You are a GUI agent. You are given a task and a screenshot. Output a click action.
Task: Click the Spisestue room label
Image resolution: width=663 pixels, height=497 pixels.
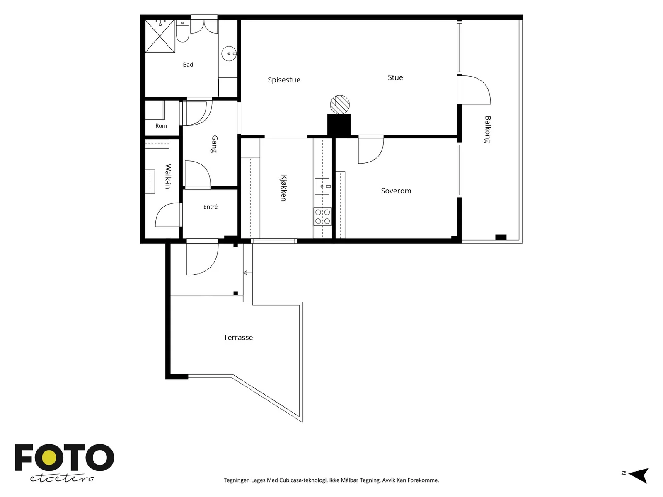[283, 80]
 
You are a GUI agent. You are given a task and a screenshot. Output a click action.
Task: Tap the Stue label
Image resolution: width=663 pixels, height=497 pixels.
[395, 77]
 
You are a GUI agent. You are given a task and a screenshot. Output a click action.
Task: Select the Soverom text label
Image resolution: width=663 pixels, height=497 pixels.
[396, 191]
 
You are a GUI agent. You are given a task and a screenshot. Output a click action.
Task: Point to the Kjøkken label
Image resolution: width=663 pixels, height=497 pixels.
[283, 188]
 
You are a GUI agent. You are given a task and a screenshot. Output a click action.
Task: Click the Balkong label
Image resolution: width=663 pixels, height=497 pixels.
[487, 130]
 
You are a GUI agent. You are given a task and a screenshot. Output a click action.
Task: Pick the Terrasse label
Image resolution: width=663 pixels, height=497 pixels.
[238, 338]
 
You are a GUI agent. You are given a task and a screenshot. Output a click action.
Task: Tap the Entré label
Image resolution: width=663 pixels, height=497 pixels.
[210, 207]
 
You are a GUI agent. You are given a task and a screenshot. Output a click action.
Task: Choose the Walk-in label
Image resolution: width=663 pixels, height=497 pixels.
[168, 176]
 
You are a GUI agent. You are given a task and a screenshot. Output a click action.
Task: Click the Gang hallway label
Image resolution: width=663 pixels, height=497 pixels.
[214, 144]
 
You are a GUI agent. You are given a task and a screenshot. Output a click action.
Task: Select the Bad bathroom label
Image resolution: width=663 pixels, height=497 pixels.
[188, 65]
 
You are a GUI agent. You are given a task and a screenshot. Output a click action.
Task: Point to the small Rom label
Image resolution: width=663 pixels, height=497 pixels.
[161, 126]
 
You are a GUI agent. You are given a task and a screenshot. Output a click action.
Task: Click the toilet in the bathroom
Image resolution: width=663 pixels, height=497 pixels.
[182, 31]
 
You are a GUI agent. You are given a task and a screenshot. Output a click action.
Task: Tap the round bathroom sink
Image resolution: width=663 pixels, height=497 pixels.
[229, 54]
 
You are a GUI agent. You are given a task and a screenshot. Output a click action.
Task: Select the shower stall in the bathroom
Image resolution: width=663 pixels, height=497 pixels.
[160, 36]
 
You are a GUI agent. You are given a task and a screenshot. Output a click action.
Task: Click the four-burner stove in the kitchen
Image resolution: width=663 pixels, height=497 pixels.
[322, 217]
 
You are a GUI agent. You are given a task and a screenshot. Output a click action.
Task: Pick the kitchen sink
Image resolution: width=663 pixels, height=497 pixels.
[322, 186]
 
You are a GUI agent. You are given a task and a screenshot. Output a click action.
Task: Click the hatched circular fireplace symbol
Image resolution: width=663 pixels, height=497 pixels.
[340, 105]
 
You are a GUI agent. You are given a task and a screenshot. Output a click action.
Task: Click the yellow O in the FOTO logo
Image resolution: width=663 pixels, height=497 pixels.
[49, 458]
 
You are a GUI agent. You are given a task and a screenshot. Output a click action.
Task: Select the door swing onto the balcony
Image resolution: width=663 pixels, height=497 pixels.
[477, 90]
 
